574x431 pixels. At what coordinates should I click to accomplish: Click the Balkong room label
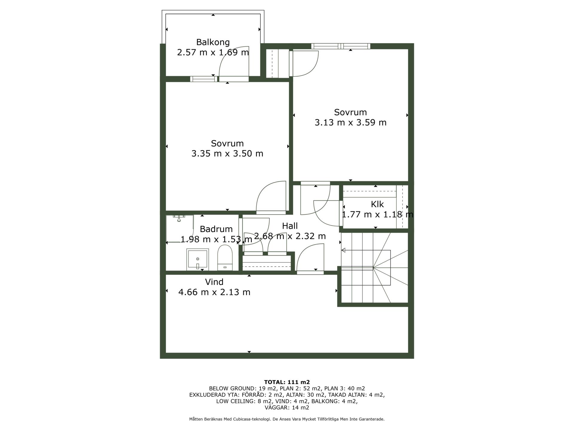[213, 42]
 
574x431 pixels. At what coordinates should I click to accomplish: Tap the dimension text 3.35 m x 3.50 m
[227, 154]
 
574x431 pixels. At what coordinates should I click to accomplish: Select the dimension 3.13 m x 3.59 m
[350, 122]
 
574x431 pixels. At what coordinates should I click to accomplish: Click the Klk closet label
[377, 204]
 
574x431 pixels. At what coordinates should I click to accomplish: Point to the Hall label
[290, 226]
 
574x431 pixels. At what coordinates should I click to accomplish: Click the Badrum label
[216, 229]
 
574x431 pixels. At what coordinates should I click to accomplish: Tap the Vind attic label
[214, 282]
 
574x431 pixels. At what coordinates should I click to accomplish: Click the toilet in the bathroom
[225, 258]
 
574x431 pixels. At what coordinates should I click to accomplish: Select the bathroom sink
[198, 259]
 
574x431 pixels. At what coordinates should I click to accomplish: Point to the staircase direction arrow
[366, 250]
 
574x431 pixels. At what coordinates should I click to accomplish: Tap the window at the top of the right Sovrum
[341, 46]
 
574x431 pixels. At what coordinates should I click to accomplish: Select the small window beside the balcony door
[204, 79]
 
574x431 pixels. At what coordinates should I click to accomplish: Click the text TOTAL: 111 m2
[287, 382]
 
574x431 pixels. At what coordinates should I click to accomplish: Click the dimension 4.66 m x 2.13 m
[214, 292]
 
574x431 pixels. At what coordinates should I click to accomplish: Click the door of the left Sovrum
[271, 198]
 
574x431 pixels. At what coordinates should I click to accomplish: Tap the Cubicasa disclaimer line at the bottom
[287, 419]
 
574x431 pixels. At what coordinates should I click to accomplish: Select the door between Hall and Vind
[310, 259]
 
